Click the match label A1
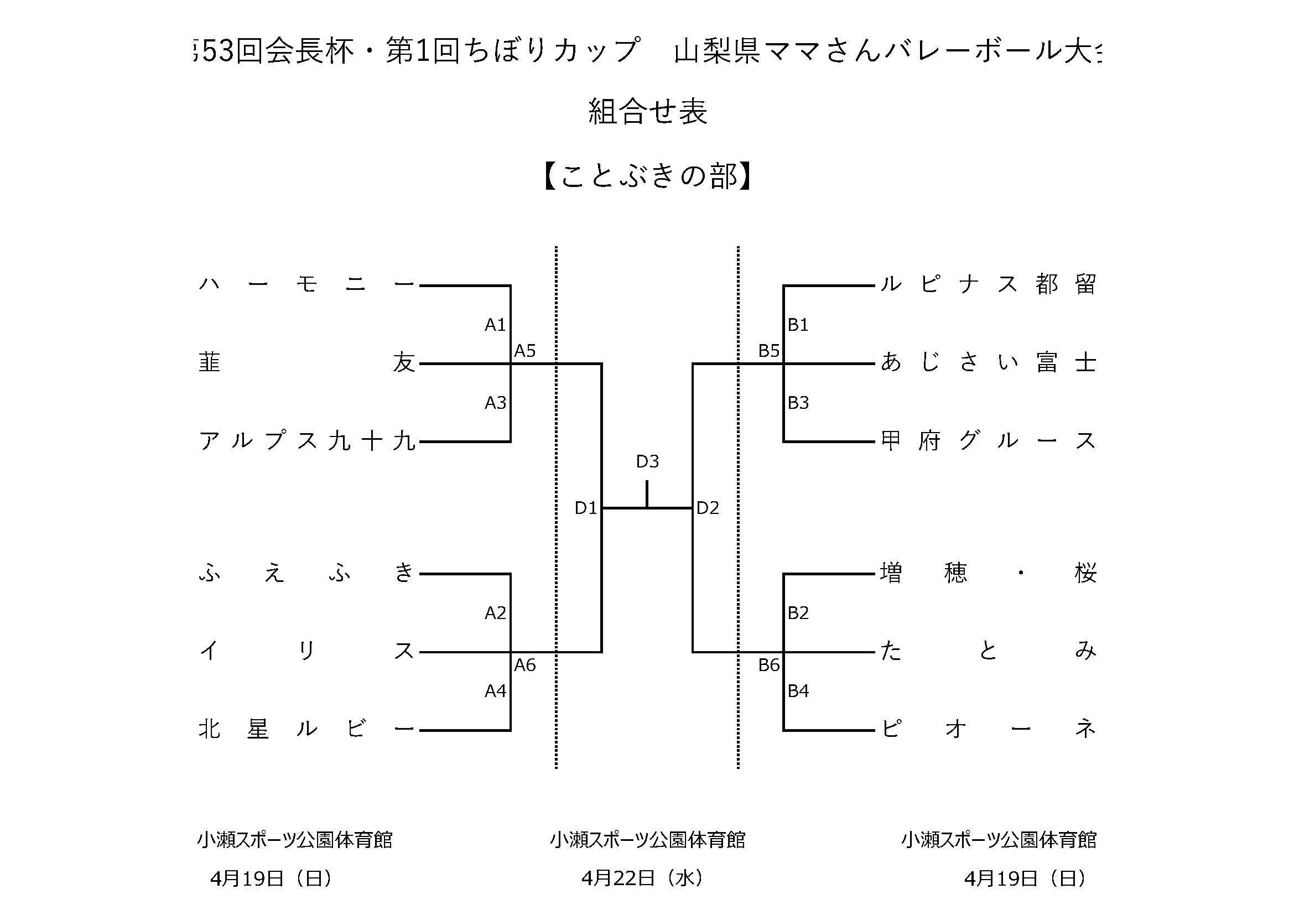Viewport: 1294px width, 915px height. (495, 325)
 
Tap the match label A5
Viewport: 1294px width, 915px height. (524, 352)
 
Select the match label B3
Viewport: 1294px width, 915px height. (798, 403)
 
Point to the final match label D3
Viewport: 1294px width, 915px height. (647, 462)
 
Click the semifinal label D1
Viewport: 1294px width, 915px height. (585, 508)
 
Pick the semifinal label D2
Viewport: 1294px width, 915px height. (708, 508)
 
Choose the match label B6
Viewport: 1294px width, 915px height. (768, 666)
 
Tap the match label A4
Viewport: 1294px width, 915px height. (495, 691)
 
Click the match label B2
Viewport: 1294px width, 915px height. (798, 613)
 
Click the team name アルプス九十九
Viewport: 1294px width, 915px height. (306, 441)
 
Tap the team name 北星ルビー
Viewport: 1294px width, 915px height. (306, 730)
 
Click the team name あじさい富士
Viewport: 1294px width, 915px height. (988, 363)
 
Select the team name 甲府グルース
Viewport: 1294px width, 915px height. (988, 441)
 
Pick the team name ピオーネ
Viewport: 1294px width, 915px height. (988, 730)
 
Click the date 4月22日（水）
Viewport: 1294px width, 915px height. (642, 878)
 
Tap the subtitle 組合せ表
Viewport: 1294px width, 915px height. (647, 112)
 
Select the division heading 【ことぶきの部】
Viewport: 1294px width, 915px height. (647, 176)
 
